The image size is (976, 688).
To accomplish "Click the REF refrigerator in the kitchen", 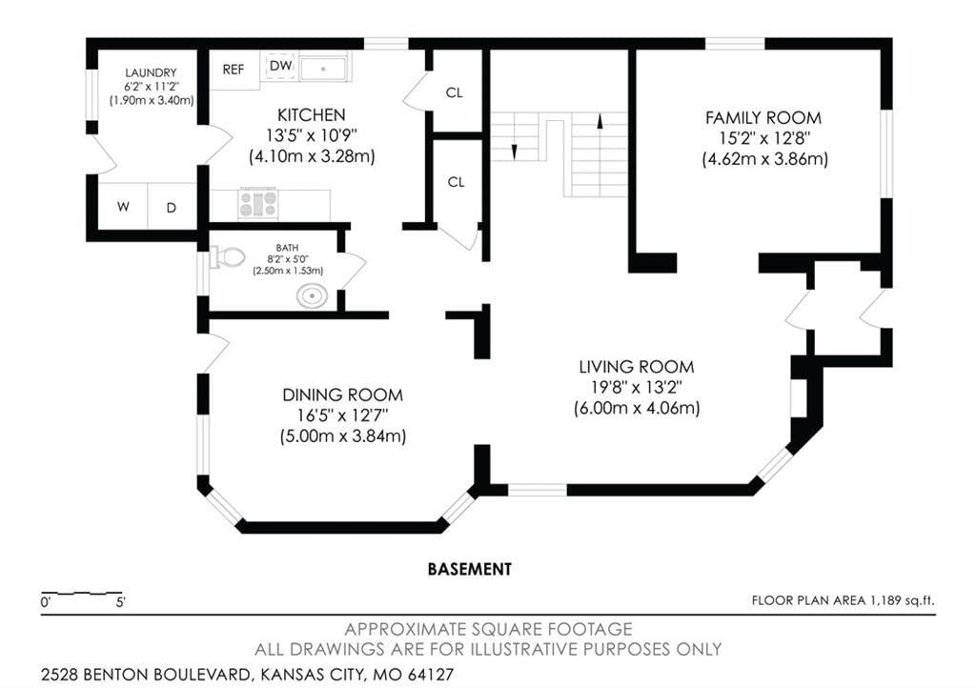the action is pyautogui.click(x=234, y=70).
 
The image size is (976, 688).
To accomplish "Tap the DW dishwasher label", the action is pyautogui.click(x=281, y=66).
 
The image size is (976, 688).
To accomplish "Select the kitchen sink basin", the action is pyautogui.click(x=323, y=69).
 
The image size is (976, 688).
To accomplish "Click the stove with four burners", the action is pyautogui.click(x=258, y=203).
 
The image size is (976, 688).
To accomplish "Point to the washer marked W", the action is pyautogui.click(x=123, y=207).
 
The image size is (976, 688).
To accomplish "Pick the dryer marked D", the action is pyautogui.click(x=172, y=208).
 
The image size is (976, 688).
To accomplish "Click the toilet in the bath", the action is pyautogui.click(x=228, y=257).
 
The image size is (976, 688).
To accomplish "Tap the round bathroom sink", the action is pyautogui.click(x=313, y=296).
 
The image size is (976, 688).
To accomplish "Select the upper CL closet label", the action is pyautogui.click(x=455, y=92).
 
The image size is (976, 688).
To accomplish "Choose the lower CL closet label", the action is pyautogui.click(x=457, y=182).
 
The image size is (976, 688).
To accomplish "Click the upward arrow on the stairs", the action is pyautogui.click(x=600, y=121).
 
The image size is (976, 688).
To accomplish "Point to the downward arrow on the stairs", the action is pyautogui.click(x=515, y=152).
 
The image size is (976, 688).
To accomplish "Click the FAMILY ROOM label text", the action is pyautogui.click(x=763, y=117).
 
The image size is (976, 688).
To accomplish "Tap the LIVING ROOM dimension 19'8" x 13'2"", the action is pyautogui.click(x=637, y=387).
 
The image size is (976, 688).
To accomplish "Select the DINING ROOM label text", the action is pyautogui.click(x=342, y=395).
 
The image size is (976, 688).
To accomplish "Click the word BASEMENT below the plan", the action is pyautogui.click(x=470, y=569).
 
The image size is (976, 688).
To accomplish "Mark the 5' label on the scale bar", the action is pyautogui.click(x=120, y=602).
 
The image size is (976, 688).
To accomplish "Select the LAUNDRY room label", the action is pyautogui.click(x=151, y=72).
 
